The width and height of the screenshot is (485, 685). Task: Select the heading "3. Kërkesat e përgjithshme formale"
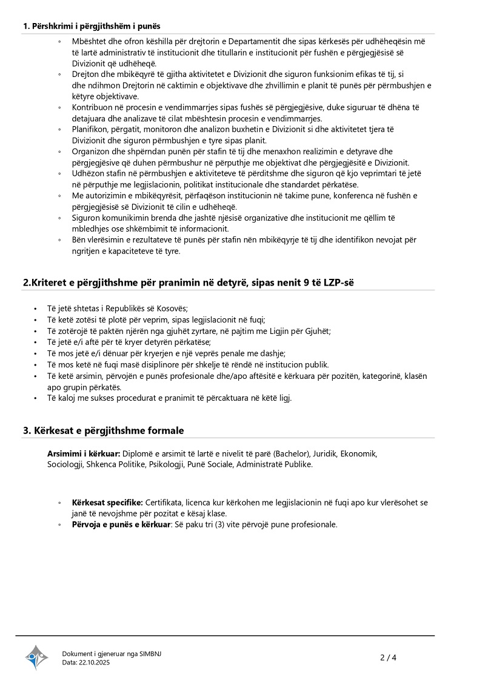click(x=103, y=430)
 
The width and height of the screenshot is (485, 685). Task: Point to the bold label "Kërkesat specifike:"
click(x=107, y=503)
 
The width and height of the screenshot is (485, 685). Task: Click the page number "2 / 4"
click(x=388, y=657)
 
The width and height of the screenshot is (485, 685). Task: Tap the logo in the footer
click(x=37, y=657)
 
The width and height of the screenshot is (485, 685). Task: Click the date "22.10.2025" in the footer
click(x=95, y=663)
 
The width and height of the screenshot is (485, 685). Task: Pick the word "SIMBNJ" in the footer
click(x=150, y=653)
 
